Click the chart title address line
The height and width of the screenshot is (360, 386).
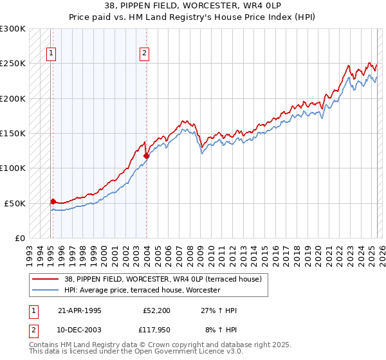coord(192,6)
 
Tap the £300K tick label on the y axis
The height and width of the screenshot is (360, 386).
coord(13,29)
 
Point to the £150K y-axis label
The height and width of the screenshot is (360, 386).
coord(13,133)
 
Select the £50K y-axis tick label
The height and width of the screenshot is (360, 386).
coord(15,203)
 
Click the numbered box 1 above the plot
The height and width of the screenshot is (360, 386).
coord(51,53)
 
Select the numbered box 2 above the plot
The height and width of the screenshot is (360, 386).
coord(145,53)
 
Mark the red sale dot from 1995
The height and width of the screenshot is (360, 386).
coord(53,201)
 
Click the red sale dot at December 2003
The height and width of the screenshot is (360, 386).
coord(146,156)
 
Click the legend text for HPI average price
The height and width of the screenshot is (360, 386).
coord(142,290)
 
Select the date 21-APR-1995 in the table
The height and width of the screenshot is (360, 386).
coord(80,310)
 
